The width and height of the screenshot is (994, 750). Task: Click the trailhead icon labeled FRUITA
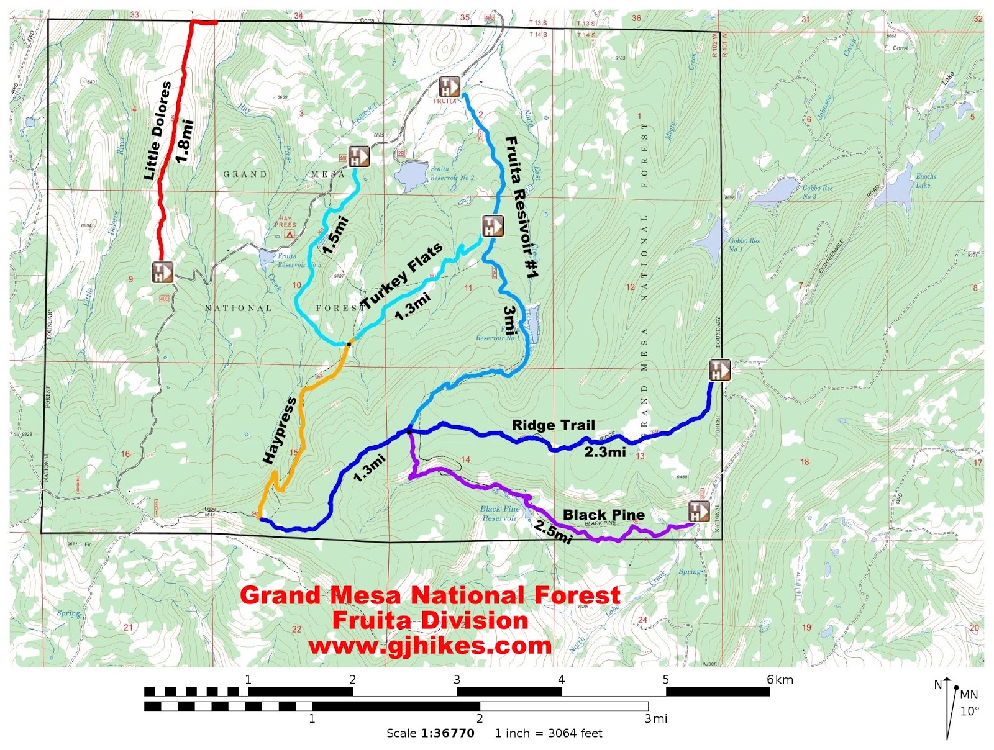click(x=449, y=87)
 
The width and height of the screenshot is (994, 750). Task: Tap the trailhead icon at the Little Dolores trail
click(x=162, y=272)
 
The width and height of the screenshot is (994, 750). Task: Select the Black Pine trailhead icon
click(x=698, y=512)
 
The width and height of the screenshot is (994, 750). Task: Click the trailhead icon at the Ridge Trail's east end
click(x=719, y=371)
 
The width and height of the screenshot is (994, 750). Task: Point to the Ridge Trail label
click(x=553, y=425)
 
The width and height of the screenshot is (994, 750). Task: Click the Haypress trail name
click(x=278, y=430)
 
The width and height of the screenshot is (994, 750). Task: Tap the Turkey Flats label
click(x=403, y=275)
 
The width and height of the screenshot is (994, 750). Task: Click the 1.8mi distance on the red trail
click(x=185, y=142)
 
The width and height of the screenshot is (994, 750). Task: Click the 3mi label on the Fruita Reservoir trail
click(x=509, y=320)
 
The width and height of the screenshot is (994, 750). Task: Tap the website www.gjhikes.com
click(x=430, y=646)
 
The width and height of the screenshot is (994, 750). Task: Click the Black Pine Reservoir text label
click(x=499, y=513)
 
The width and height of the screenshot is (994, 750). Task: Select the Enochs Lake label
click(x=925, y=181)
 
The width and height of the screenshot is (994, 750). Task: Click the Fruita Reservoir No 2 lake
click(x=409, y=176)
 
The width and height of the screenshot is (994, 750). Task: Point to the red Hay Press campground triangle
click(x=289, y=235)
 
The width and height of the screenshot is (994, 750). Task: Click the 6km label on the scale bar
click(x=780, y=680)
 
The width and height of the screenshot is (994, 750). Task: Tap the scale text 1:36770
click(x=447, y=733)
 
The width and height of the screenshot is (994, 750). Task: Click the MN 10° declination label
click(x=969, y=703)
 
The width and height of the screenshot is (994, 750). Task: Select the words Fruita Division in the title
click(x=430, y=620)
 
